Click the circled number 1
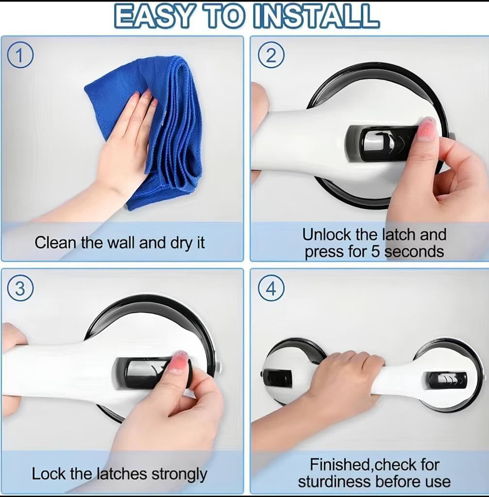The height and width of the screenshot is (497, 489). pos(19,56)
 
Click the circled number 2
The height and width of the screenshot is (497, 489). pos(271,56)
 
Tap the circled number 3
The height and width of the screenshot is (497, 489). pos(19,289)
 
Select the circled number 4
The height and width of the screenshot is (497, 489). pos(271,289)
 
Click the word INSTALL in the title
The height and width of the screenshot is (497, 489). pos(316,16)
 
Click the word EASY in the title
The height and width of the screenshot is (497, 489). pos(153,16)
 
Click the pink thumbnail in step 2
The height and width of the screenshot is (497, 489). pos(427,128)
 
